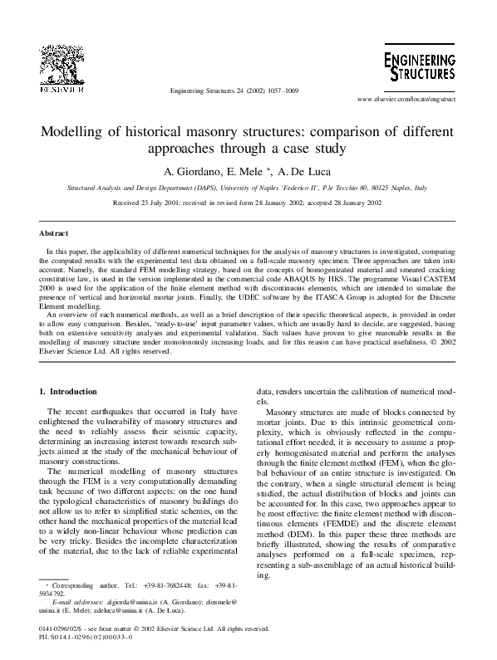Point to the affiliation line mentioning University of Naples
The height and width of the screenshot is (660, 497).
tap(247, 188)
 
